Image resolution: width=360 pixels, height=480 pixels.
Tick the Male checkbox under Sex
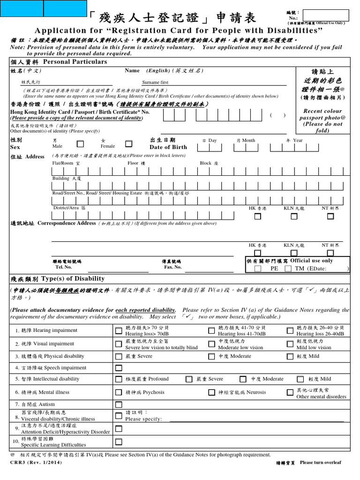click(81, 144)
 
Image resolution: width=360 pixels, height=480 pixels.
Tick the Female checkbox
click(129, 144)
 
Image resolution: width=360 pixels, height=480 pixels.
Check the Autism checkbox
click(119, 404)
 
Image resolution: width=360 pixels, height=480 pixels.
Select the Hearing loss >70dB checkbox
click(119, 331)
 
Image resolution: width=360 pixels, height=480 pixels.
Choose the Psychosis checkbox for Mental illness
click(119, 392)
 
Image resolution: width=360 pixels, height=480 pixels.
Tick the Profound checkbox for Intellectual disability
click(119, 379)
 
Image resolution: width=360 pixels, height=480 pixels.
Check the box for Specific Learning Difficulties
click(119, 442)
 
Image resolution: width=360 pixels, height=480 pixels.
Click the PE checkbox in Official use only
click(258, 269)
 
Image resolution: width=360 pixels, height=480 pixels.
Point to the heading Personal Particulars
click(75, 62)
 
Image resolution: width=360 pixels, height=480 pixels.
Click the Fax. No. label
click(172, 267)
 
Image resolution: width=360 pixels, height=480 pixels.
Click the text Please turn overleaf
click(321, 463)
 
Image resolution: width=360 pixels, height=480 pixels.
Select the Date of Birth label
click(168, 147)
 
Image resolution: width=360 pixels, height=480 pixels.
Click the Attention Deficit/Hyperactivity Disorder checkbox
click(119, 428)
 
